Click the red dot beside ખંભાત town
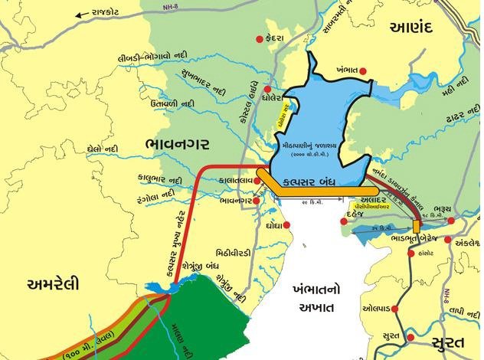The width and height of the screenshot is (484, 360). [364, 71]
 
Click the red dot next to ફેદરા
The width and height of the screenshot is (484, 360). [259, 37]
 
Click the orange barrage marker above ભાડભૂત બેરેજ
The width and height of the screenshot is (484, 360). [416, 227]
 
